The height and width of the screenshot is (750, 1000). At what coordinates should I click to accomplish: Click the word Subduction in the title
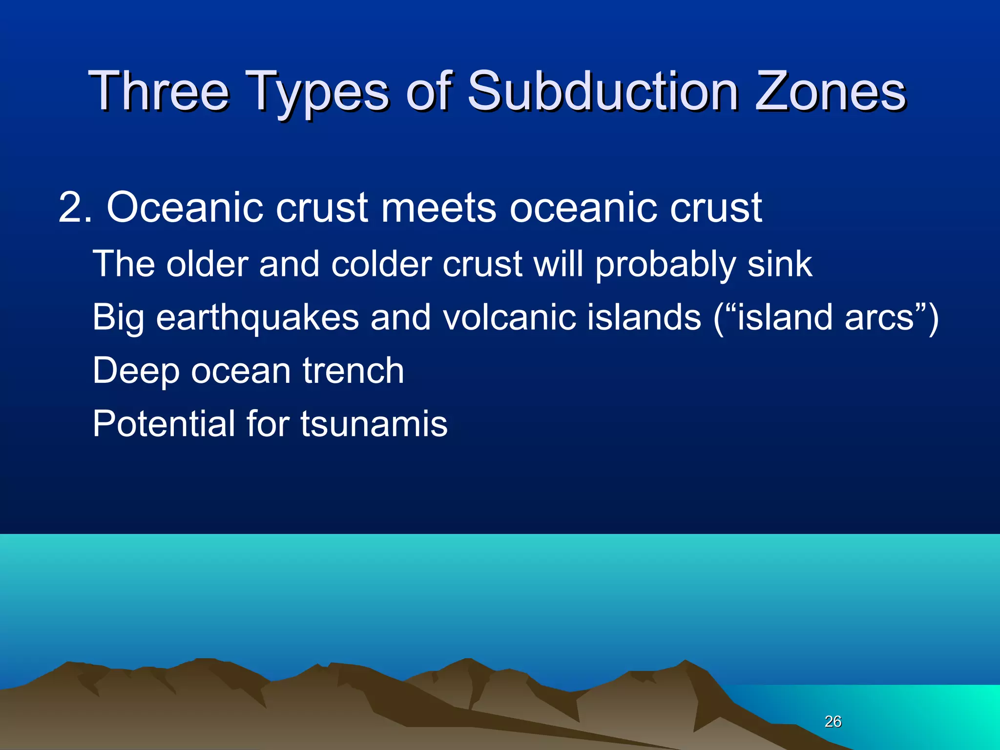(603, 91)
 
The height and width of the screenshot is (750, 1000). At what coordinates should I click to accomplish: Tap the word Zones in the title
(831, 91)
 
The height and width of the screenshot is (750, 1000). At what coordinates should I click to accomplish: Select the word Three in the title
(159, 91)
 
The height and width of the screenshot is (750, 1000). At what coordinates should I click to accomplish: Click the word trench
(353, 371)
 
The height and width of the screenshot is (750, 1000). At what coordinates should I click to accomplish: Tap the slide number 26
(833, 721)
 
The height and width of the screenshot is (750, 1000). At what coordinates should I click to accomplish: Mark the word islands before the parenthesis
(644, 317)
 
